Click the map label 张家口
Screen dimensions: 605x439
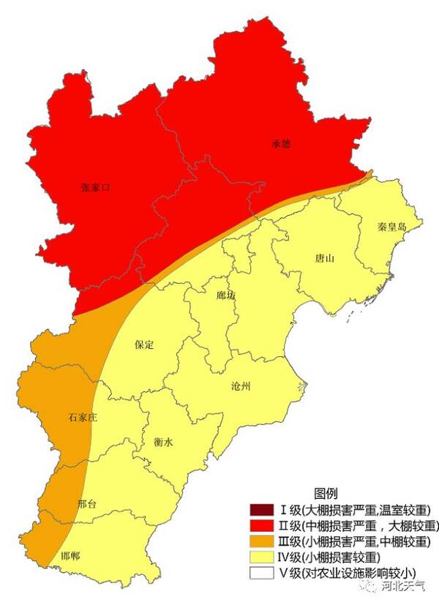click(x=95, y=187)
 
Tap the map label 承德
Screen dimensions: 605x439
click(x=281, y=145)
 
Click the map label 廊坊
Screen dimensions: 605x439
click(x=227, y=296)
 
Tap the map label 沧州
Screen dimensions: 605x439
click(x=240, y=386)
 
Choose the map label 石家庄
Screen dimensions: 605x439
click(x=83, y=417)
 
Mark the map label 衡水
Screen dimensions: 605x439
click(x=164, y=442)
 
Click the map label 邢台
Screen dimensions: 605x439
click(x=87, y=505)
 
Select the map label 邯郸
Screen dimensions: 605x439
click(x=71, y=556)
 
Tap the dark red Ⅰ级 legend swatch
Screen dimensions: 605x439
click(x=260, y=510)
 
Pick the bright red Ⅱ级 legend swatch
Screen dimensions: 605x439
click(x=260, y=526)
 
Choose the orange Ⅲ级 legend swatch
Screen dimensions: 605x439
click(x=260, y=542)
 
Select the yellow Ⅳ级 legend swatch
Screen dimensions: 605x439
click(x=260, y=558)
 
